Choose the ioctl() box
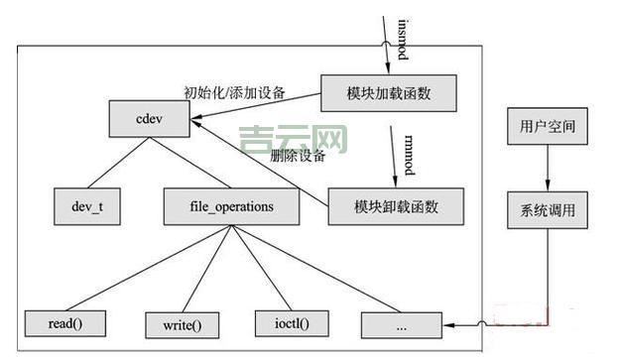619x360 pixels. pyautogui.click(x=291, y=322)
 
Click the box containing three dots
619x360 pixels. pyautogui.click(x=401, y=323)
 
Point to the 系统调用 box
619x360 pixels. pyautogui.click(x=548, y=210)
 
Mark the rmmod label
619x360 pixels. pyautogui.click(x=408, y=150)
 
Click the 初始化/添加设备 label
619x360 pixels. pyautogui.click(x=235, y=94)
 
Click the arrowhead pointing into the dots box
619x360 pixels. pyautogui.click(x=447, y=324)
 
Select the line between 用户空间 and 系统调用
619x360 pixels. pyautogui.click(x=548, y=169)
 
